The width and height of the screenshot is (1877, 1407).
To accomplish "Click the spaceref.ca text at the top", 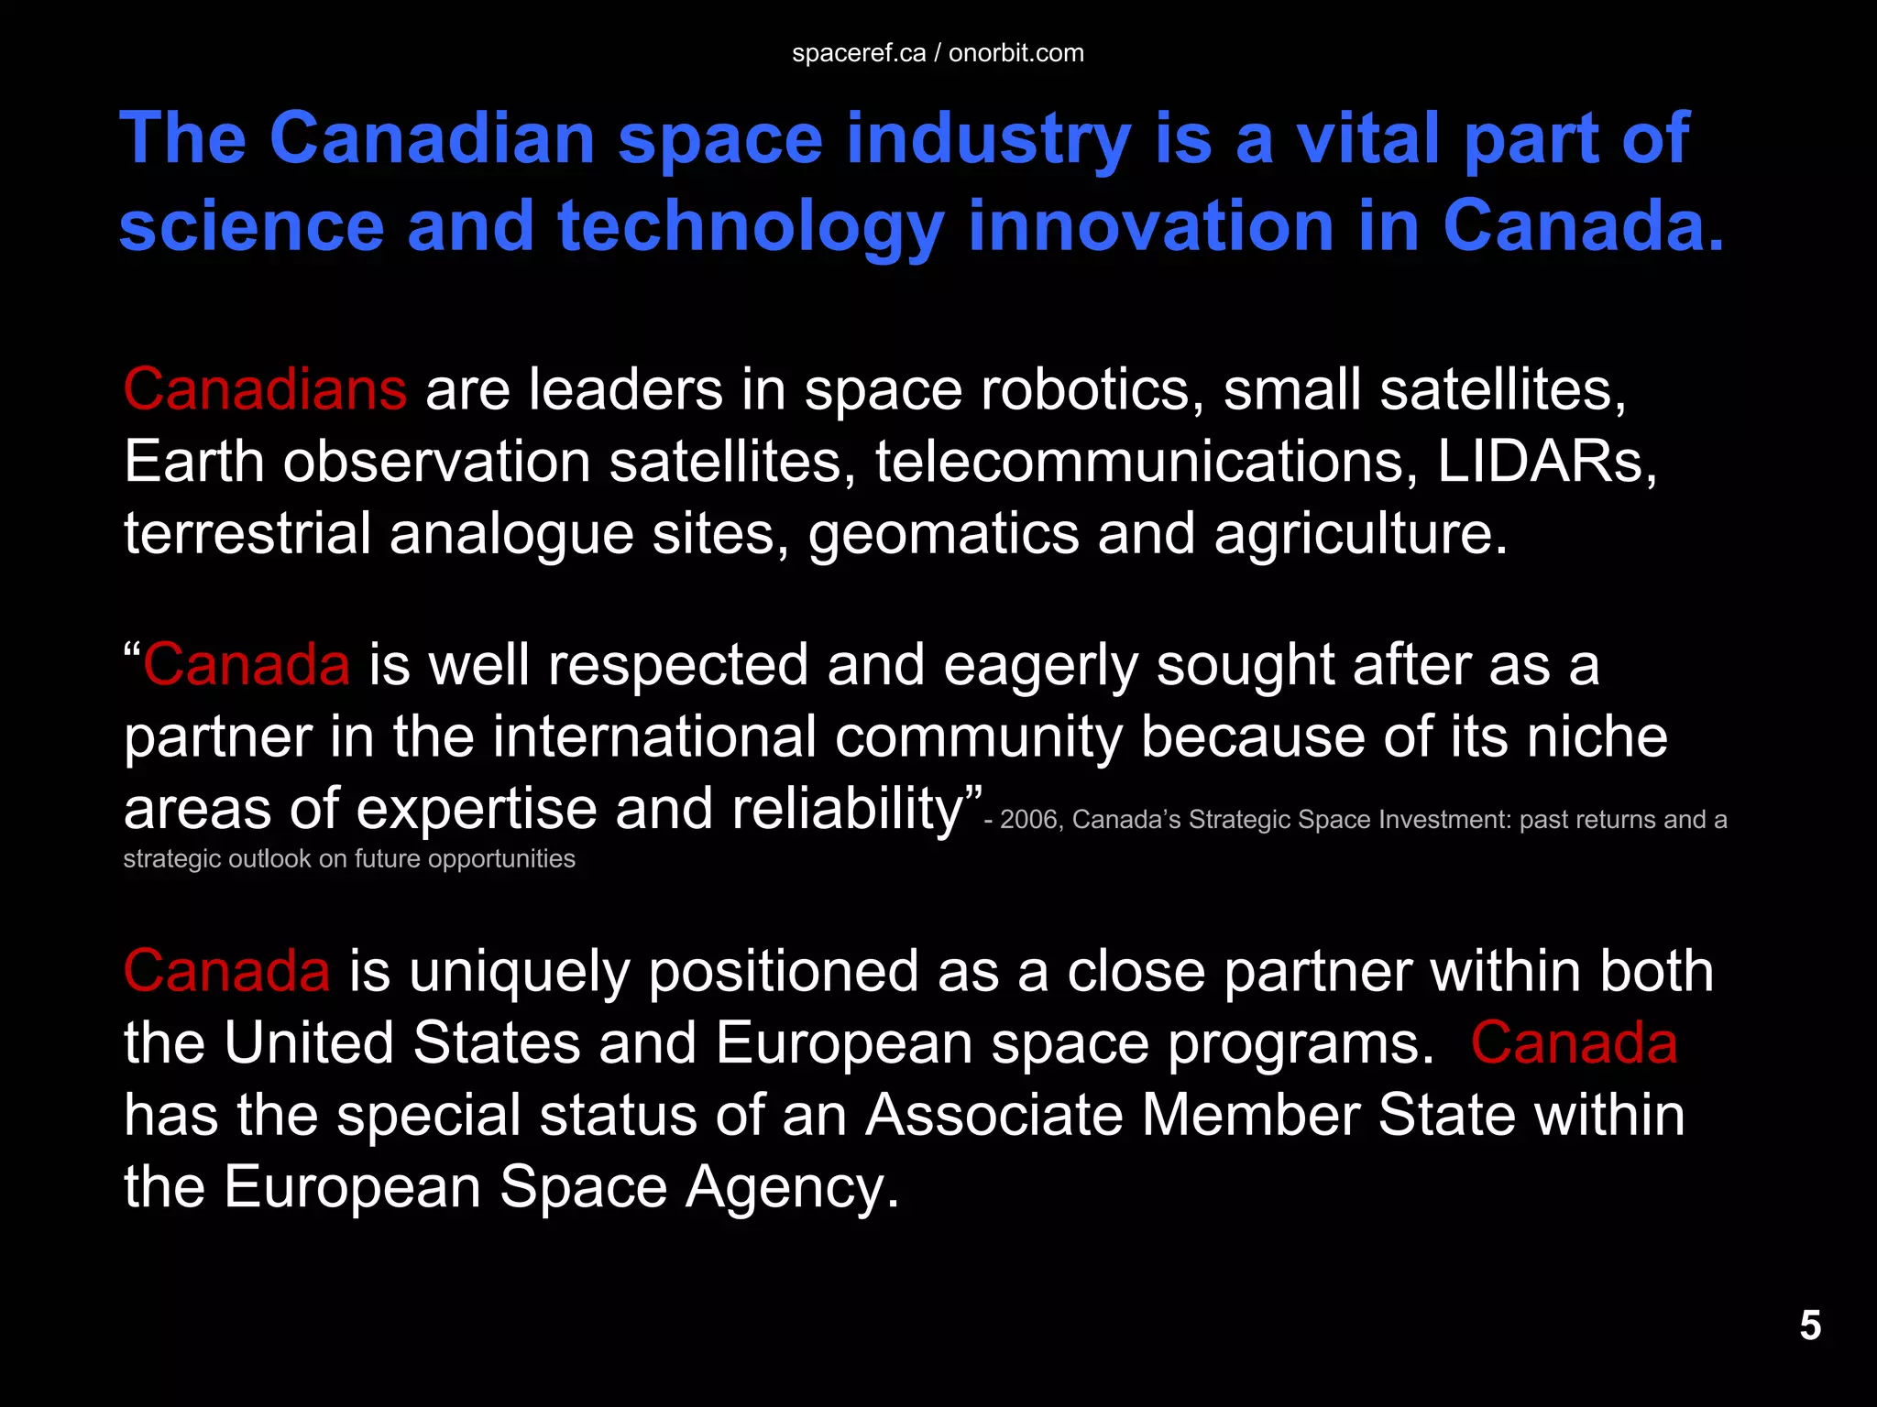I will click(x=859, y=53).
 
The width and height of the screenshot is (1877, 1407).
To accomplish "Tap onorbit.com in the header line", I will click(x=1016, y=53).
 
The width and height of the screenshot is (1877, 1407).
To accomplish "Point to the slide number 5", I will click(x=1810, y=1325).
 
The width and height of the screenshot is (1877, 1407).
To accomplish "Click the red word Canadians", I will click(x=265, y=389).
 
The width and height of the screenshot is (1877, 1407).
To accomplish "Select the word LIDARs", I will click(x=1546, y=461).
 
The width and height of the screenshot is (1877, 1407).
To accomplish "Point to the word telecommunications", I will click(x=1140, y=461).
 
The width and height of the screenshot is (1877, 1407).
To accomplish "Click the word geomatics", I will click(x=943, y=534).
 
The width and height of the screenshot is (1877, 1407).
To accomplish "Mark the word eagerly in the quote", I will click(x=1041, y=665).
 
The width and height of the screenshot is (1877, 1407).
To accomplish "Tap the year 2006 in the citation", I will click(x=1028, y=820).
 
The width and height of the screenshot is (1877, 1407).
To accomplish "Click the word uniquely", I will click(x=520, y=972).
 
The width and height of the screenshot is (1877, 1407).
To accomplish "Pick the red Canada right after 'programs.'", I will click(x=1574, y=1043).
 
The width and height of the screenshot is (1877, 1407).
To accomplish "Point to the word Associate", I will click(x=994, y=1115).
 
